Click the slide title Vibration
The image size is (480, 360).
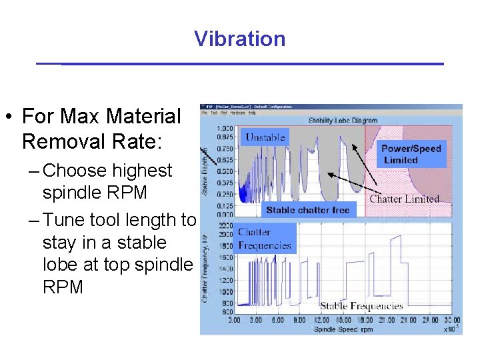[x=240, y=39]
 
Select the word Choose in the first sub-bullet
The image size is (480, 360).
[x=74, y=171]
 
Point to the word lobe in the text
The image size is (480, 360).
[x=61, y=265]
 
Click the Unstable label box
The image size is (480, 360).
[x=265, y=137]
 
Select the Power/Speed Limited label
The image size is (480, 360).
[x=411, y=154]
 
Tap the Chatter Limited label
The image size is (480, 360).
[x=405, y=199]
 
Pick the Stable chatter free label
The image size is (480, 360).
[x=307, y=210]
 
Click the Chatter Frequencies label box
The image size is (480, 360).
[x=264, y=239]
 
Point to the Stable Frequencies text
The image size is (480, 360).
[x=361, y=306]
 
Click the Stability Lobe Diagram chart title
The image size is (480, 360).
[x=343, y=121]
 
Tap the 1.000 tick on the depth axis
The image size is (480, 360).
[x=224, y=128]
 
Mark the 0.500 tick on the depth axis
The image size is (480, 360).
[x=224, y=171]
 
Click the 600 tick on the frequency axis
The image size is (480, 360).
[x=226, y=312]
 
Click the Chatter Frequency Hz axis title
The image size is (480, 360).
[x=207, y=267]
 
